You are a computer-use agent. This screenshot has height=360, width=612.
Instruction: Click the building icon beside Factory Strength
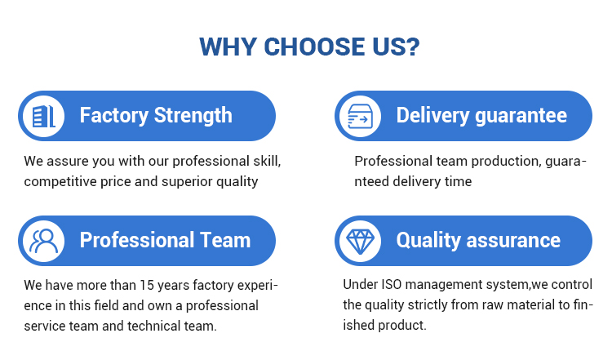click(43, 117)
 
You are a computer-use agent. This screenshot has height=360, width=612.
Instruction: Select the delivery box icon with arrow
click(360, 117)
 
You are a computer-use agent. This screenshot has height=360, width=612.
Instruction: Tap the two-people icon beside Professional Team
click(43, 241)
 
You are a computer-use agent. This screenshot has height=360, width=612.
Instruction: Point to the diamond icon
click(360, 242)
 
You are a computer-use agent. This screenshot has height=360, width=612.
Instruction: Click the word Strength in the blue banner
click(193, 116)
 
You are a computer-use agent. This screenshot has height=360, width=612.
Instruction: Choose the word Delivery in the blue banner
click(432, 116)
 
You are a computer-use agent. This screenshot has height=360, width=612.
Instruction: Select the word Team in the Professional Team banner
click(225, 240)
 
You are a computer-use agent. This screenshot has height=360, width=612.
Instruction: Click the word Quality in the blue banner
click(428, 241)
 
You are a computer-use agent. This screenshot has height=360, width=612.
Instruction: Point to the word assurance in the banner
click(513, 241)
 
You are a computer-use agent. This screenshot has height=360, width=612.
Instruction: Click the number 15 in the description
click(147, 285)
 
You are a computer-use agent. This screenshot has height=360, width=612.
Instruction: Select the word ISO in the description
click(392, 284)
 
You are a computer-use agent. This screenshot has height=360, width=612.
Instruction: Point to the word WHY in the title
click(228, 47)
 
